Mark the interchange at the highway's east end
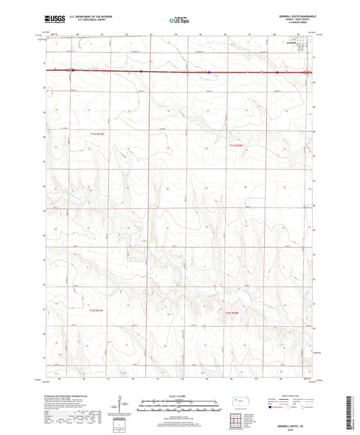point(308,72)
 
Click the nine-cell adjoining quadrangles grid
point(237,424)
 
